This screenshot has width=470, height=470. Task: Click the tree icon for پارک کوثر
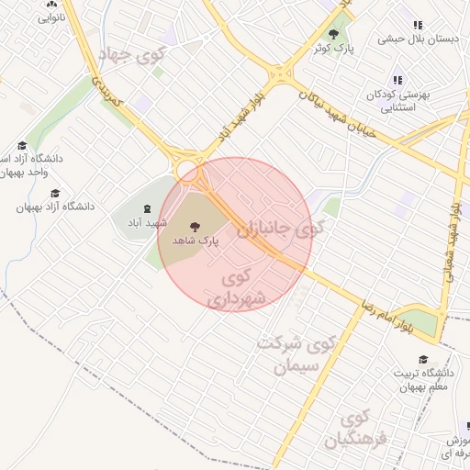coord(333,34)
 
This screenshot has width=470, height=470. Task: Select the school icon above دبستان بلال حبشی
coord(418,26)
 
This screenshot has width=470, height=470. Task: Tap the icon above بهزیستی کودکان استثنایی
coord(397,81)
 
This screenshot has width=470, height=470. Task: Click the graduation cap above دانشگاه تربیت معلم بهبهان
coord(423,360)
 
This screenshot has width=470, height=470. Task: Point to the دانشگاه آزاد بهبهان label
coord(55,207)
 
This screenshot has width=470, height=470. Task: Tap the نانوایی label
coord(51,19)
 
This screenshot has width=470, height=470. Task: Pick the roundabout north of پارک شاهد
coord(188,170)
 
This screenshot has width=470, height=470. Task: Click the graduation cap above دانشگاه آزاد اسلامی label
coord(22,145)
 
